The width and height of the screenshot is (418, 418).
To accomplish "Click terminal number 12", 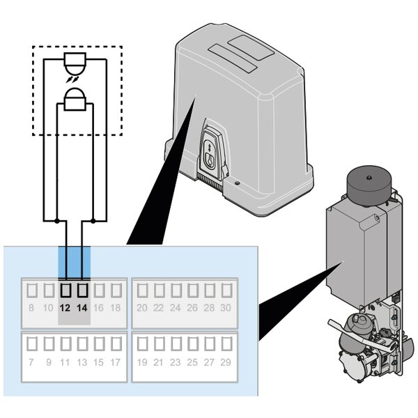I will (65, 308).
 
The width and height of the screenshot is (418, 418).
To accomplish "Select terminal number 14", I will (82, 308).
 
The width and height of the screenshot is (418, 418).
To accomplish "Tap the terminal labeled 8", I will (31, 308).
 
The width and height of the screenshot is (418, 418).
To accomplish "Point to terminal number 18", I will (116, 308).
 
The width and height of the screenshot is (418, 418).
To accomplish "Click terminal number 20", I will (142, 308).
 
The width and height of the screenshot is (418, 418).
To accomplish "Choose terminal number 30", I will (226, 308).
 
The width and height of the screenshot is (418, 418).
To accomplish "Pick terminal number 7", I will (31, 362).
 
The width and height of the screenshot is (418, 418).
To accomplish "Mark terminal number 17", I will (116, 362).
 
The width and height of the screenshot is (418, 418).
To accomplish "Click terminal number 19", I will (142, 362).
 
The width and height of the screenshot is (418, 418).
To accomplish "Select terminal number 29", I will (226, 362).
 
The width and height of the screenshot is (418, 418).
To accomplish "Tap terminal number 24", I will (176, 308).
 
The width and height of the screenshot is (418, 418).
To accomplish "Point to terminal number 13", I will (82, 362).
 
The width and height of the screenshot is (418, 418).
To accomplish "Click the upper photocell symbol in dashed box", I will (74, 61).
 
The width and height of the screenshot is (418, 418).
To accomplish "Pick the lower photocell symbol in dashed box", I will (74, 102).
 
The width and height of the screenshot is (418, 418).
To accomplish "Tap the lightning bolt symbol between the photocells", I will (72, 82).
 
